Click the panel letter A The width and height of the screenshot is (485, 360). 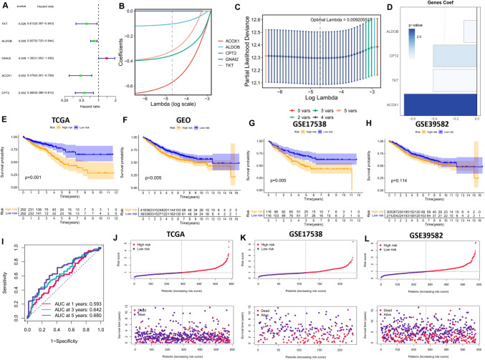click(4, 6)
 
